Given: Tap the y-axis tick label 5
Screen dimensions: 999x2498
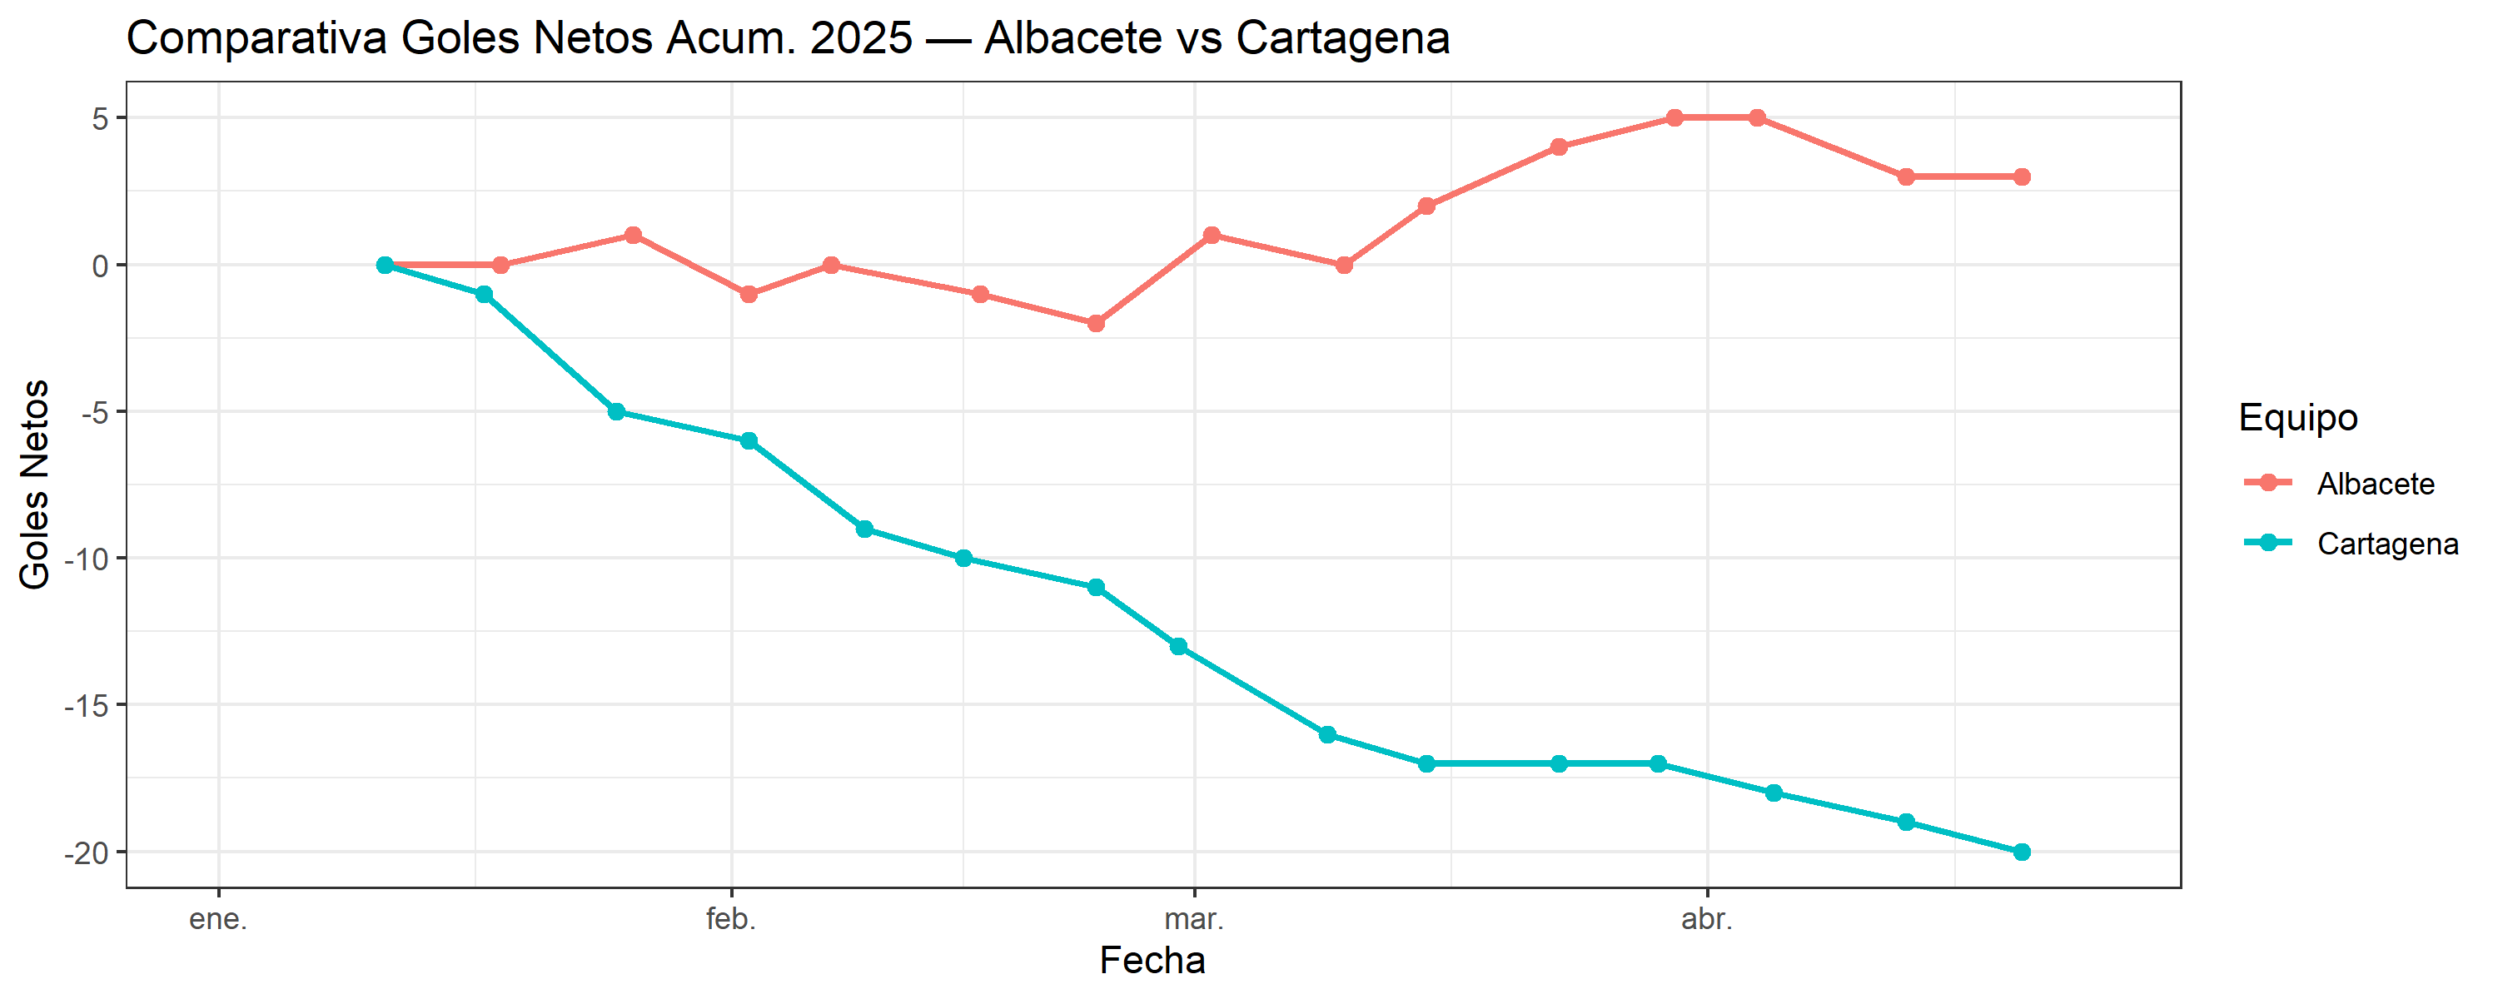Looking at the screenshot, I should tap(100, 118).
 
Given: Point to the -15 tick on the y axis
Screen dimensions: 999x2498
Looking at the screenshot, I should tap(87, 706).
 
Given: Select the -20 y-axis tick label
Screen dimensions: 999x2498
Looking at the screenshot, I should tap(87, 853).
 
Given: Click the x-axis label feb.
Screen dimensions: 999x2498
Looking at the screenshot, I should tap(730, 918).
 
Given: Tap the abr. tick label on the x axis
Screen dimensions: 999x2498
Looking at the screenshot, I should tap(1706, 918).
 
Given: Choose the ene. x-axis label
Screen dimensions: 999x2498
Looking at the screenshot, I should tap(218, 918).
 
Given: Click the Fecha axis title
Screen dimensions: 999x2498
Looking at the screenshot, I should tap(1152, 960).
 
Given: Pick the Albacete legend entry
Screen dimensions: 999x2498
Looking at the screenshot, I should tap(2375, 483).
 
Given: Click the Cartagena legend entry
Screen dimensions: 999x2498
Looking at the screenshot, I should tap(2386, 543).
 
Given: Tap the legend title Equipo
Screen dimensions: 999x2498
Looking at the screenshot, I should tap(2297, 417).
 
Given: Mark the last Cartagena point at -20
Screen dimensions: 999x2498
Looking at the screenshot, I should tap(2021, 852).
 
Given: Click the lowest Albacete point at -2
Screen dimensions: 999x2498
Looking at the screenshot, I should tap(1096, 323).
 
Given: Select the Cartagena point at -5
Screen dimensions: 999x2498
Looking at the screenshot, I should tap(616, 411).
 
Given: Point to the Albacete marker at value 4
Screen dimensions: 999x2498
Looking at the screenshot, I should tap(1559, 147).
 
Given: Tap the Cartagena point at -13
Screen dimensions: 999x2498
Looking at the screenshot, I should tap(1178, 646).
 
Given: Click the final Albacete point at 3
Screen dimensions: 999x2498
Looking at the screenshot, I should tap(2021, 176).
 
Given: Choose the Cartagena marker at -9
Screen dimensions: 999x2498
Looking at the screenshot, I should tap(864, 529).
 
